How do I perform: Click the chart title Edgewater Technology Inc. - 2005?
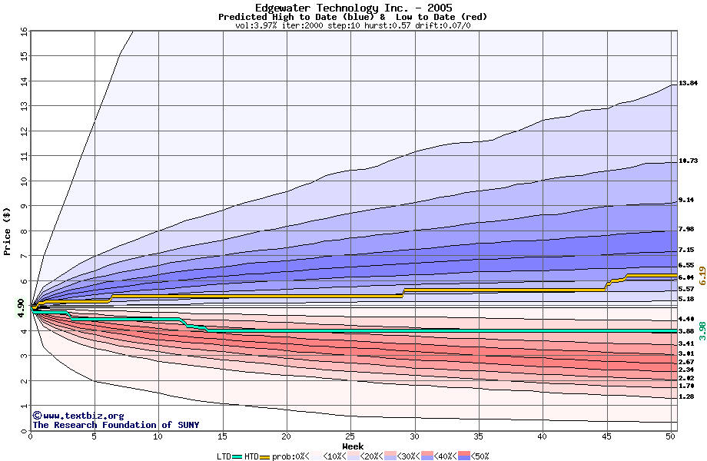tap(353, 8)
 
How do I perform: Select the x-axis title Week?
tap(353, 446)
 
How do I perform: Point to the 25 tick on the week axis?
tap(350, 436)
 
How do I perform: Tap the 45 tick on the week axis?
tap(607, 436)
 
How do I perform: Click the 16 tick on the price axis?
tap(24, 32)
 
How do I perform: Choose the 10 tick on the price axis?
tap(24, 181)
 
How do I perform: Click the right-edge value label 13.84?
tap(688, 83)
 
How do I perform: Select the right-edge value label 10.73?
tap(688, 161)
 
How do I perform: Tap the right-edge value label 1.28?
tap(685, 396)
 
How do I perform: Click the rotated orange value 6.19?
tap(702, 276)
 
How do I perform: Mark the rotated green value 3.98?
tap(702, 330)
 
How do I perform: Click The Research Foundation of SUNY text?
tap(113, 425)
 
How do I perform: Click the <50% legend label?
tap(478, 456)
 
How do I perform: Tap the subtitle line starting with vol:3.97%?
tap(353, 25)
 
